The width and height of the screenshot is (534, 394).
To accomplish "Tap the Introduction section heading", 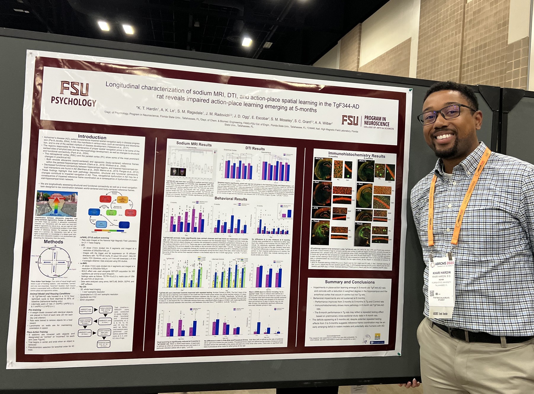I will click(92, 137).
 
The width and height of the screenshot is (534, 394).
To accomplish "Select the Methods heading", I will click(53, 242).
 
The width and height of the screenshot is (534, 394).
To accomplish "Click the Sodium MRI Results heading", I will click(194, 144).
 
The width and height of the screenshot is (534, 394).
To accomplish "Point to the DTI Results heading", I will click(255, 148).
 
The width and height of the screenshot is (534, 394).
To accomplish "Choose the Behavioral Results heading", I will click(231, 198).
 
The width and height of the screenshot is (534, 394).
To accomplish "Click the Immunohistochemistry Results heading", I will click(357, 155).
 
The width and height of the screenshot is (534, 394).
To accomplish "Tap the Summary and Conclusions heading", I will click(349, 282).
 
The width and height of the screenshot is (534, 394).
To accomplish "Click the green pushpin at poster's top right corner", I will click(410, 90).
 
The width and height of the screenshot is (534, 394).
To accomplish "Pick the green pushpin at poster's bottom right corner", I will click(399, 353).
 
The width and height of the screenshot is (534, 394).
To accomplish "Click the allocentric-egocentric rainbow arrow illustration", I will click(56, 204).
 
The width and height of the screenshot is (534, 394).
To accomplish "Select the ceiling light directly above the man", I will click(246, 42).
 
